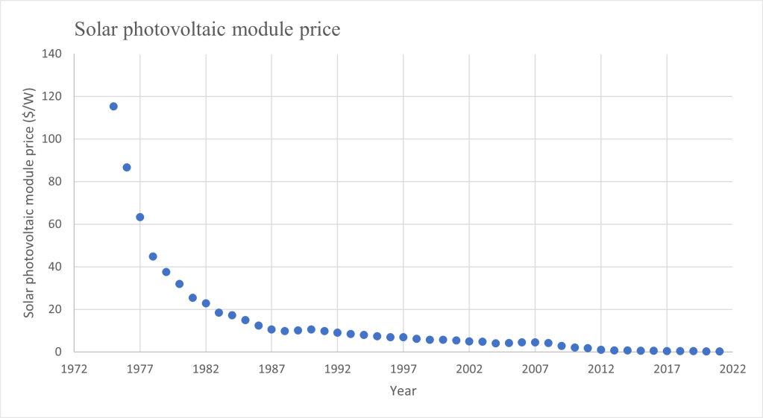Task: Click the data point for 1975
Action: [x=113, y=106]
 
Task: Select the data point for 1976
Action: [x=127, y=168]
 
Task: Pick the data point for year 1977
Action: [x=139, y=217]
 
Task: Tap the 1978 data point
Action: [x=153, y=256]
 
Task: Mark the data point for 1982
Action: [x=206, y=303]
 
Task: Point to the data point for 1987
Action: [x=271, y=329]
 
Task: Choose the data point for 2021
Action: [x=720, y=351]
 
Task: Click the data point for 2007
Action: [x=535, y=343]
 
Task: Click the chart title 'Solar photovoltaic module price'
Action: [x=206, y=31]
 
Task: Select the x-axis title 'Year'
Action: [x=403, y=390]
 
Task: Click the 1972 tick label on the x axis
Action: [x=74, y=368]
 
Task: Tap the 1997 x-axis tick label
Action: [x=404, y=368]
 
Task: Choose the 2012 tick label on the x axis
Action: [x=601, y=368]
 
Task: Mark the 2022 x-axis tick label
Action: [x=732, y=368]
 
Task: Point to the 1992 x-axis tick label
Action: [x=337, y=368]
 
